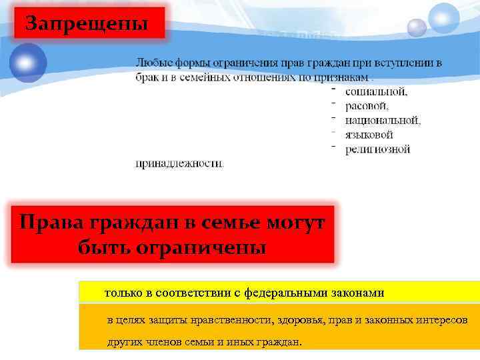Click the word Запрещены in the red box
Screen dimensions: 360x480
[x=87, y=24]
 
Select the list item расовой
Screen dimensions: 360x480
[x=367, y=106]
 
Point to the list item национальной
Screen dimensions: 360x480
[x=383, y=121]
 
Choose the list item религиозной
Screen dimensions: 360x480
[x=377, y=149]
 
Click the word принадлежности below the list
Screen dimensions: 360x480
[x=179, y=163]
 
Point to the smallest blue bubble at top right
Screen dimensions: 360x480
[x=417, y=27]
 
